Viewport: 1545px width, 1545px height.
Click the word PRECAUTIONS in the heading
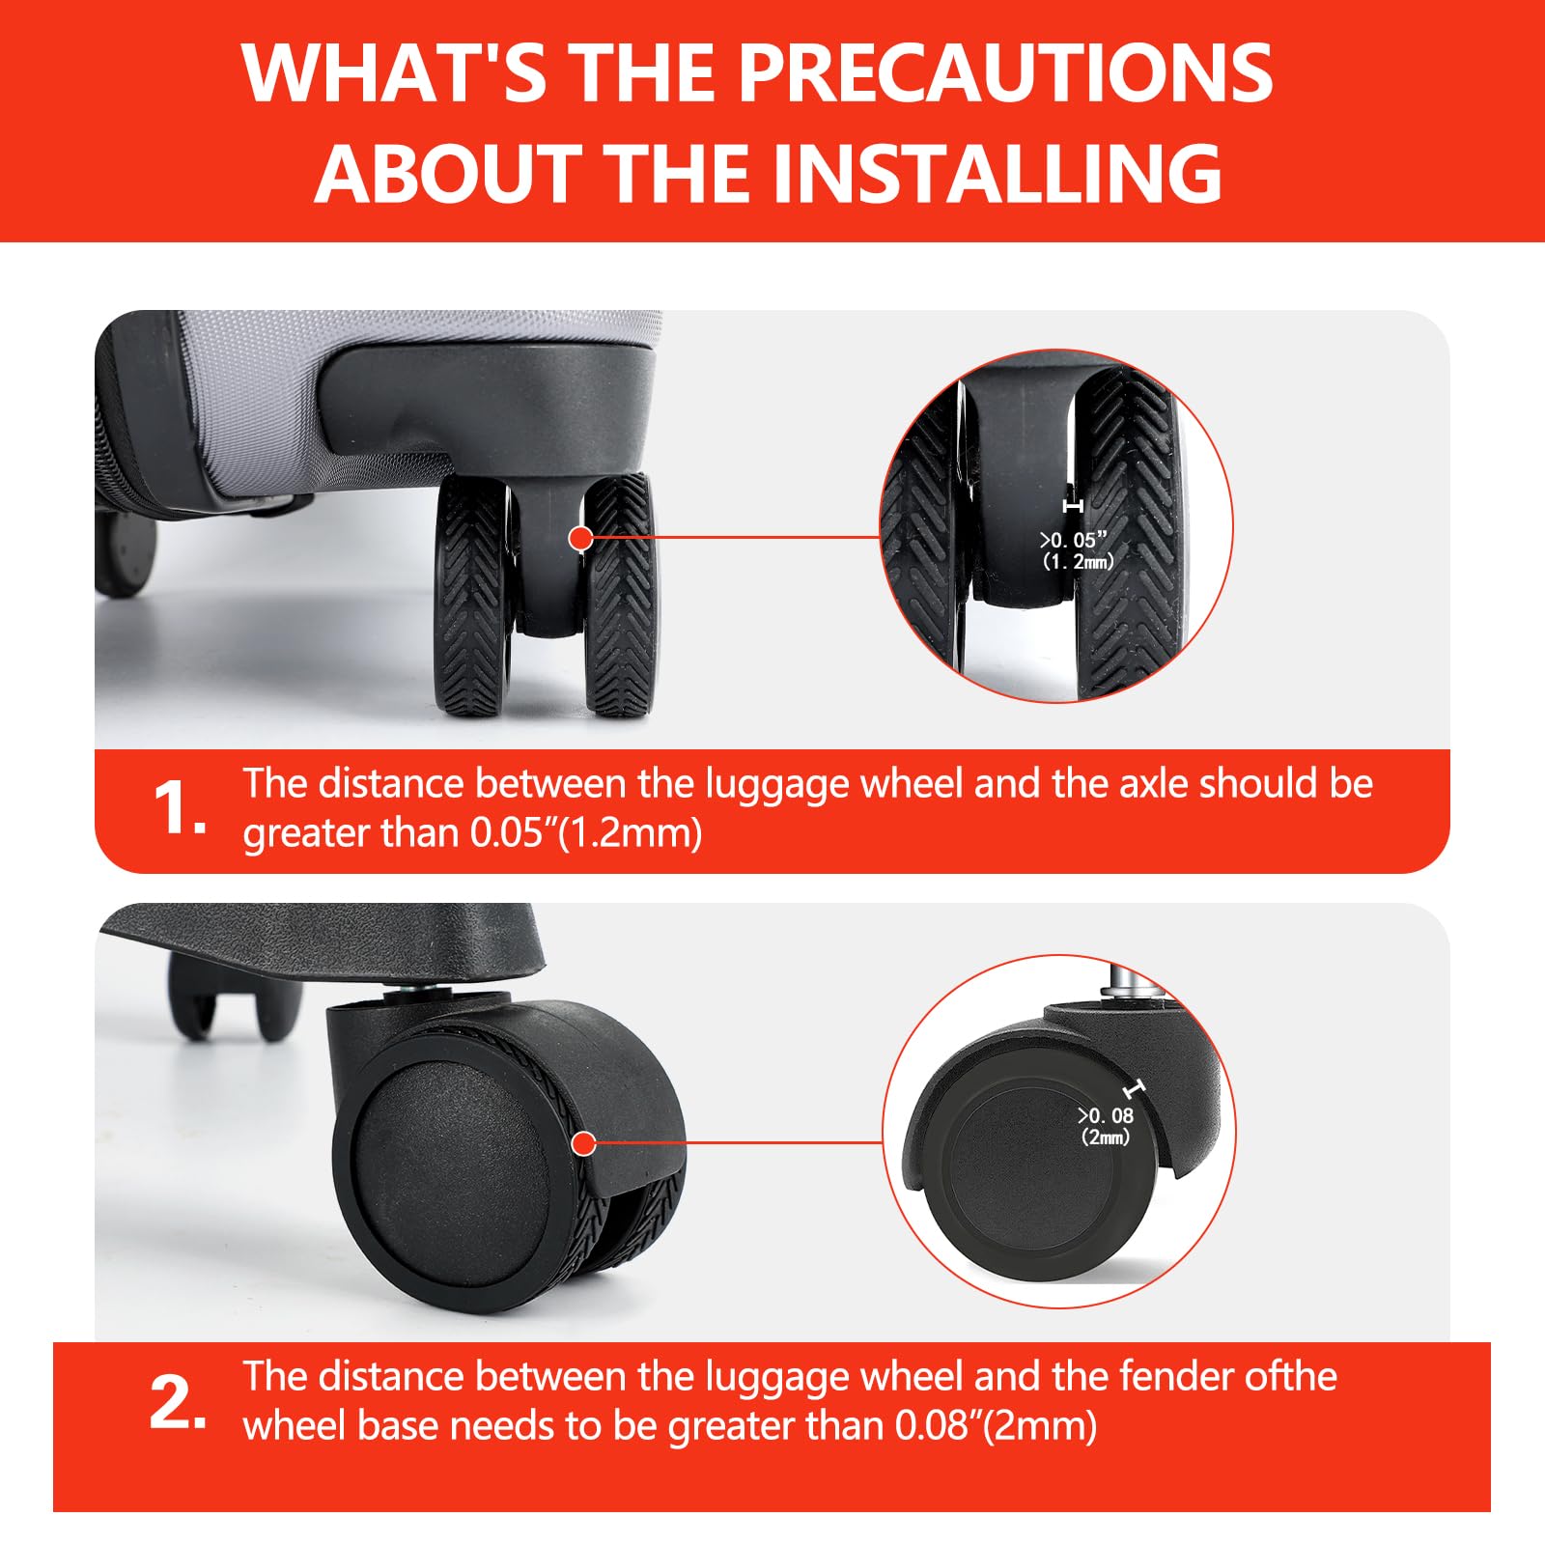pyautogui.click(x=1005, y=72)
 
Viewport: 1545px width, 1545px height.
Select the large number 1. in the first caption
pyautogui.click(x=180, y=807)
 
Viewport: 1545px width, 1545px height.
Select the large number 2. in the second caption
pyautogui.click(x=179, y=1402)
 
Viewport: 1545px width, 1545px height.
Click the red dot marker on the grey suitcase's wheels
pyautogui.click(x=580, y=538)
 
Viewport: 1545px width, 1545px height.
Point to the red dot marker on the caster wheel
pyautogui.click(x=582, y=1144)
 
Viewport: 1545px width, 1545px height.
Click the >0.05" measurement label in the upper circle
pyautogui.click(x=1073, y=540)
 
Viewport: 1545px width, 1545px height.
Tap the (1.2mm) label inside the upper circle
pyautogui.click(x=1078, y=561)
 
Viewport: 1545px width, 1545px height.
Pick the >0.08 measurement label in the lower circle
pyautogui.click(x=1106, y=1115)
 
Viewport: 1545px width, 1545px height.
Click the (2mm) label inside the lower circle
pyautogui.click(x=1106, y=1137)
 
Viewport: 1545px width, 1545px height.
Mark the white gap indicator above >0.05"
pyautogui.click(x=1072, y=506)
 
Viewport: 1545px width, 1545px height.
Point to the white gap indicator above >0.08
pyautogui.click(x=1135, y=1088)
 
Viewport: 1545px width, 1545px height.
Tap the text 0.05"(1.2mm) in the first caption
pyautogui.click(x=586, y=833)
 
